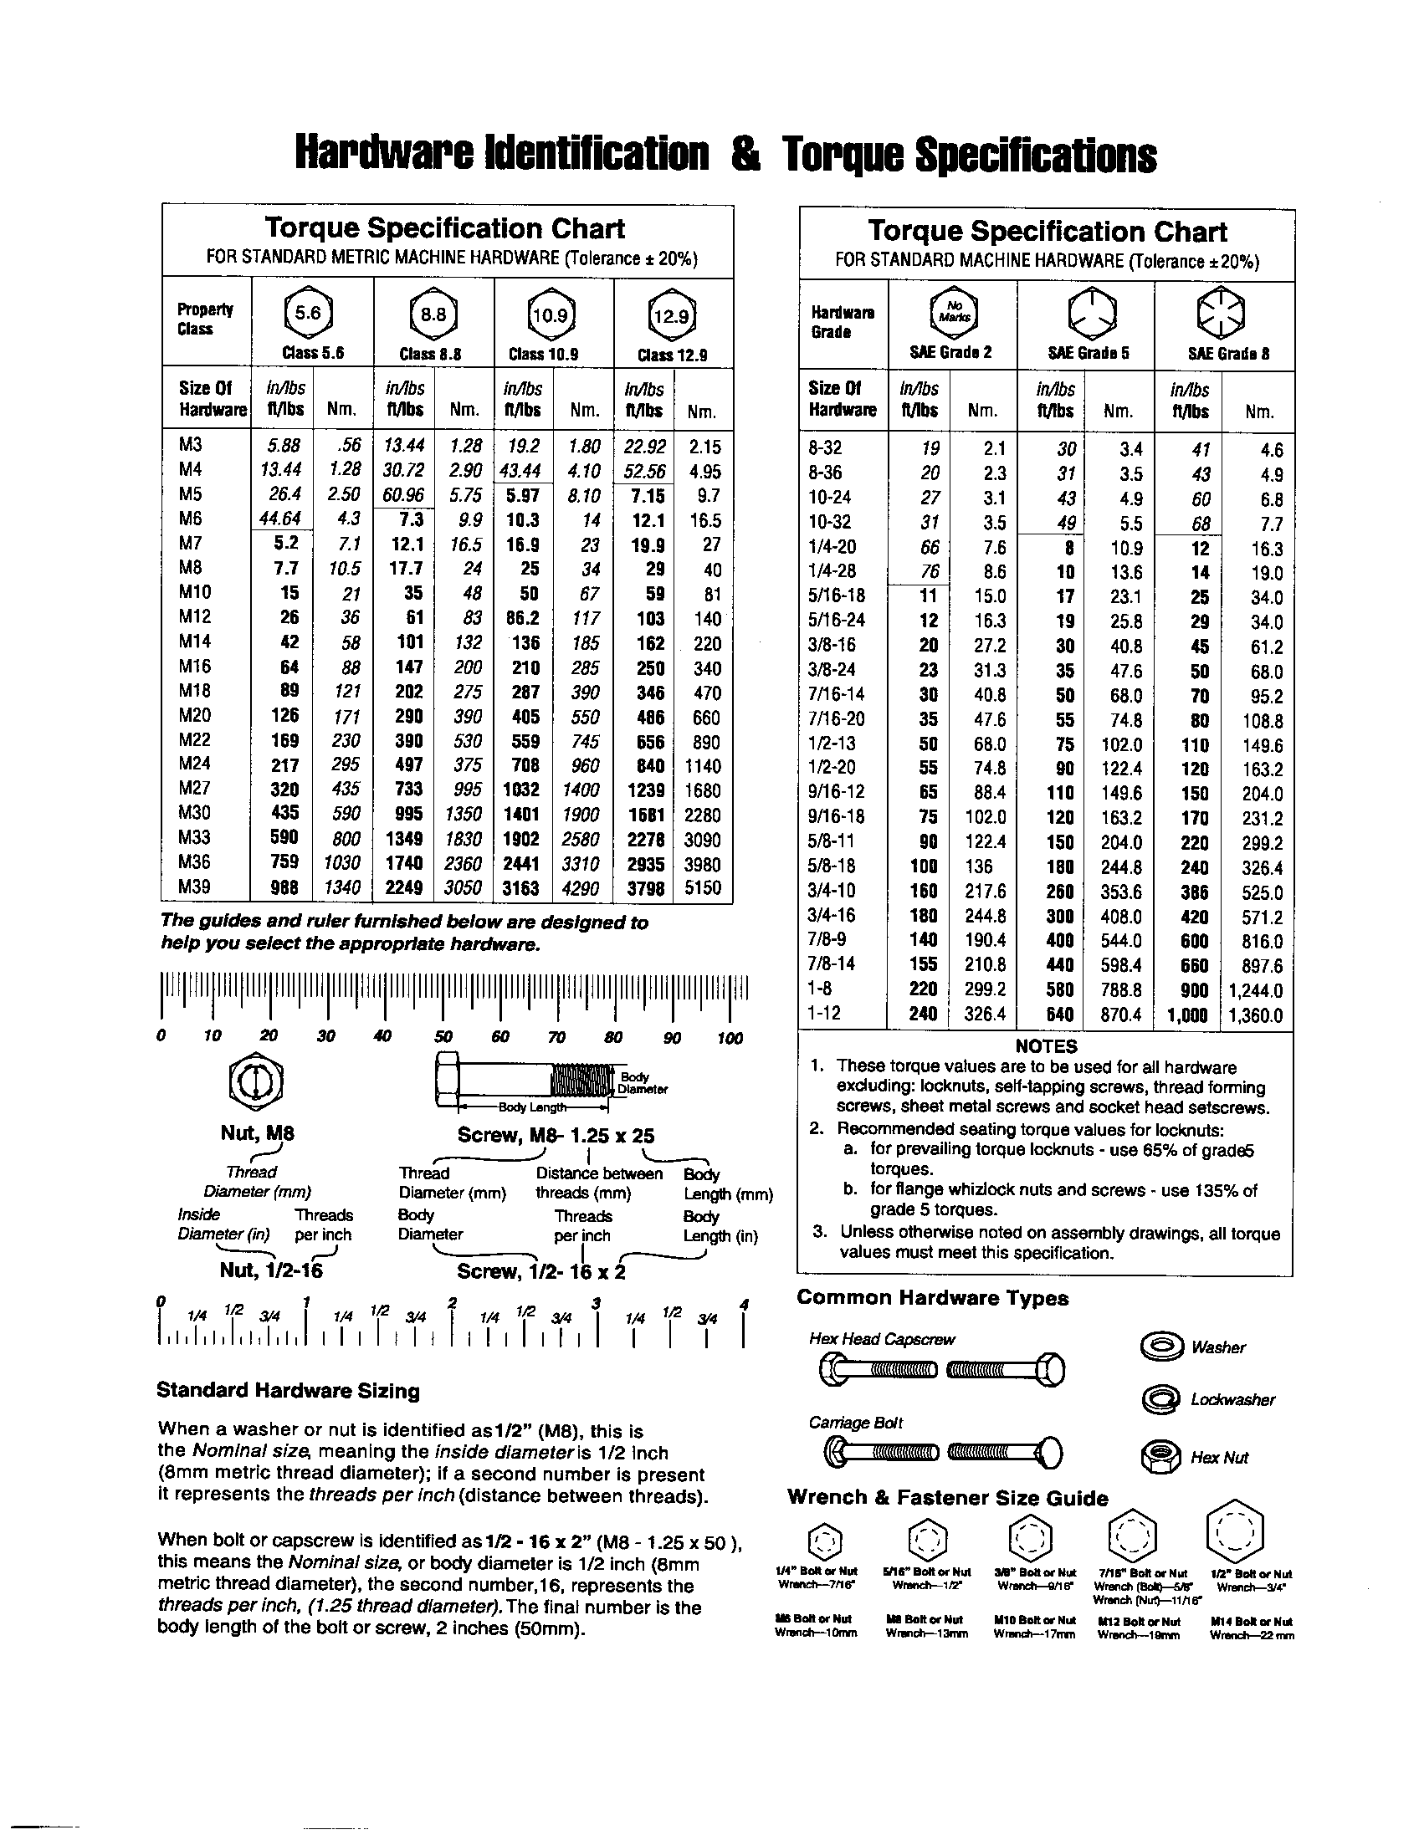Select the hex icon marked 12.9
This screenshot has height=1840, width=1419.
click(x=673, y=315)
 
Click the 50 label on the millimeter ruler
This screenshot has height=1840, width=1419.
click(x=443, y=1037)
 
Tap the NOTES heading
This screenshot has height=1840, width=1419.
click(x=1046, y=1046)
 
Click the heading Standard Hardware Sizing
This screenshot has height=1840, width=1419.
click(x=288, y=1391)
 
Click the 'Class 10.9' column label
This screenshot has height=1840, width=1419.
click(x=544, y=355)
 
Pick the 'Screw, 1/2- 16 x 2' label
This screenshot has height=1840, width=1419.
click(x=541, y=1271)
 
